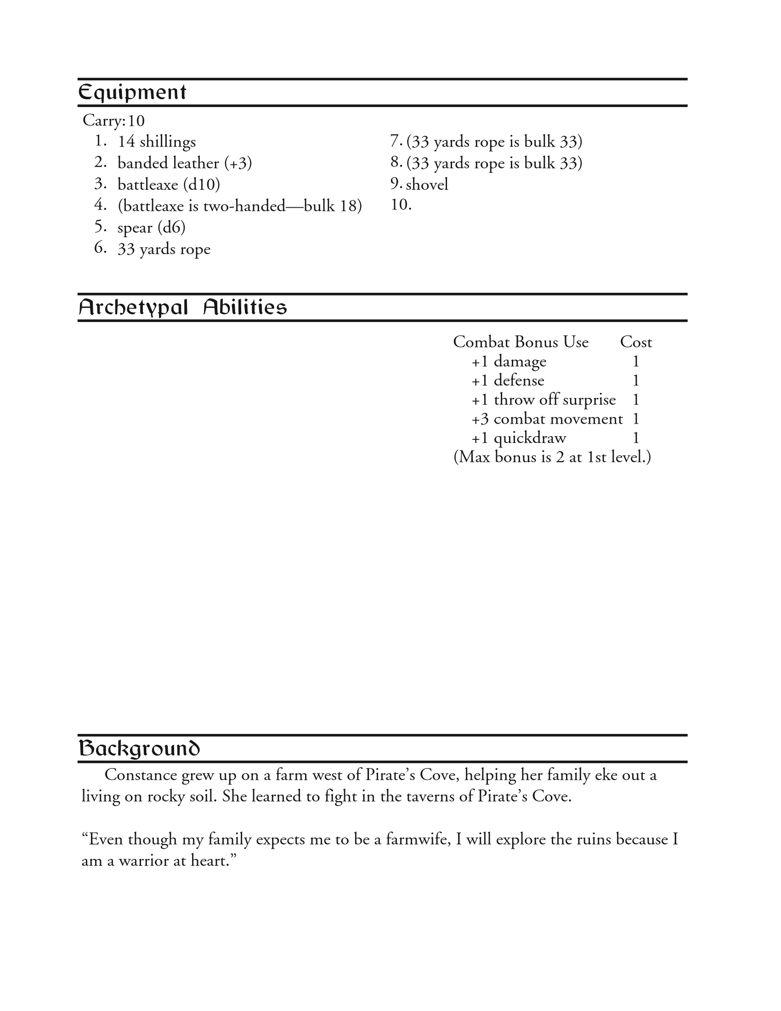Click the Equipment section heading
coord(132,92)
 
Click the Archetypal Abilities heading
coord(182,307)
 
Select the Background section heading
coord(139,749)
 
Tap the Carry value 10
coord(136,121)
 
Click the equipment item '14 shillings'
coord(156,142)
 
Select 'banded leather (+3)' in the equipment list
coord(184,163)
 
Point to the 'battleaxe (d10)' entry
coord(169,185)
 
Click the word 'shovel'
coord(427,185)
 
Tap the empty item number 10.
coord(401,204)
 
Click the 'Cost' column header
coord(636,342)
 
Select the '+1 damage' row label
coord(509,362)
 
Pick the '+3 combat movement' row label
coord(547,419)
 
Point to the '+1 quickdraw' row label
coord(518,438)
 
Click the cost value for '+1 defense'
coord(636,381)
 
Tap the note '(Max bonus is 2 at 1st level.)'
coord(552,457)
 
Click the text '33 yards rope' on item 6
coord(164,249)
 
